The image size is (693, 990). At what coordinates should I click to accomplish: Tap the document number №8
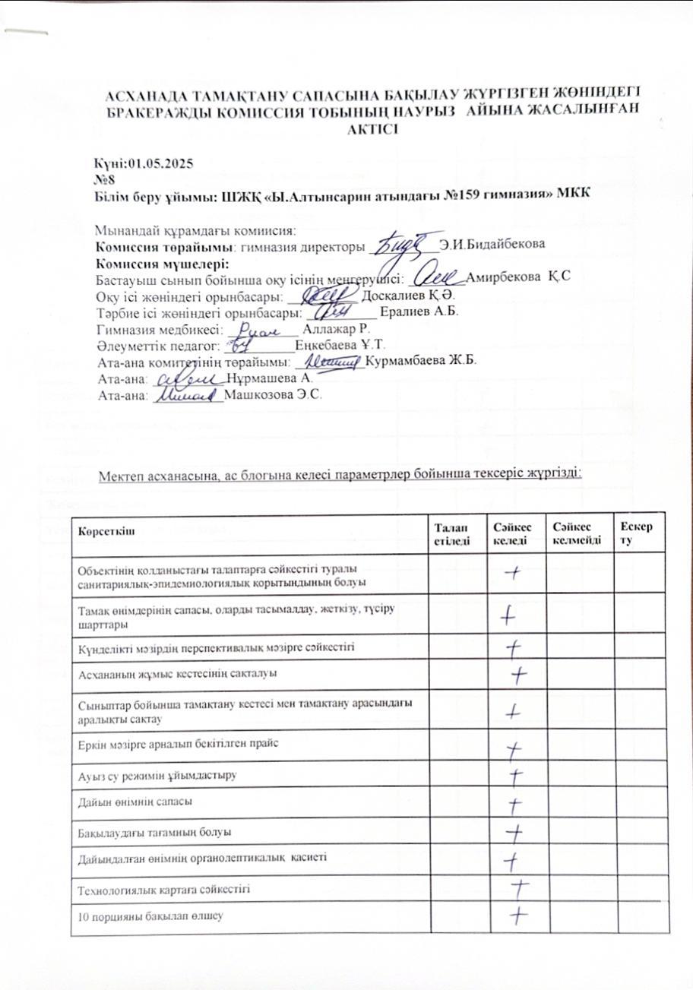click(103, 179)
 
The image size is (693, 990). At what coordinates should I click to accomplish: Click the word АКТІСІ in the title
click(372, 129)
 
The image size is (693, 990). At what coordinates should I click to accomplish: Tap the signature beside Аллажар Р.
click(258, 331)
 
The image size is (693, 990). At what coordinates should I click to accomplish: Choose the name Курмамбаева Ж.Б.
click(420, 362)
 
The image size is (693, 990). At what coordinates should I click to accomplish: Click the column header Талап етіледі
click(448, 534)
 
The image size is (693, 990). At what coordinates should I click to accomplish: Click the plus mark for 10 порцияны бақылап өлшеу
click(517, 915)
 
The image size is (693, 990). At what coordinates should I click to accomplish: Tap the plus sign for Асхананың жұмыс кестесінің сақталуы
click(520, 674)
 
